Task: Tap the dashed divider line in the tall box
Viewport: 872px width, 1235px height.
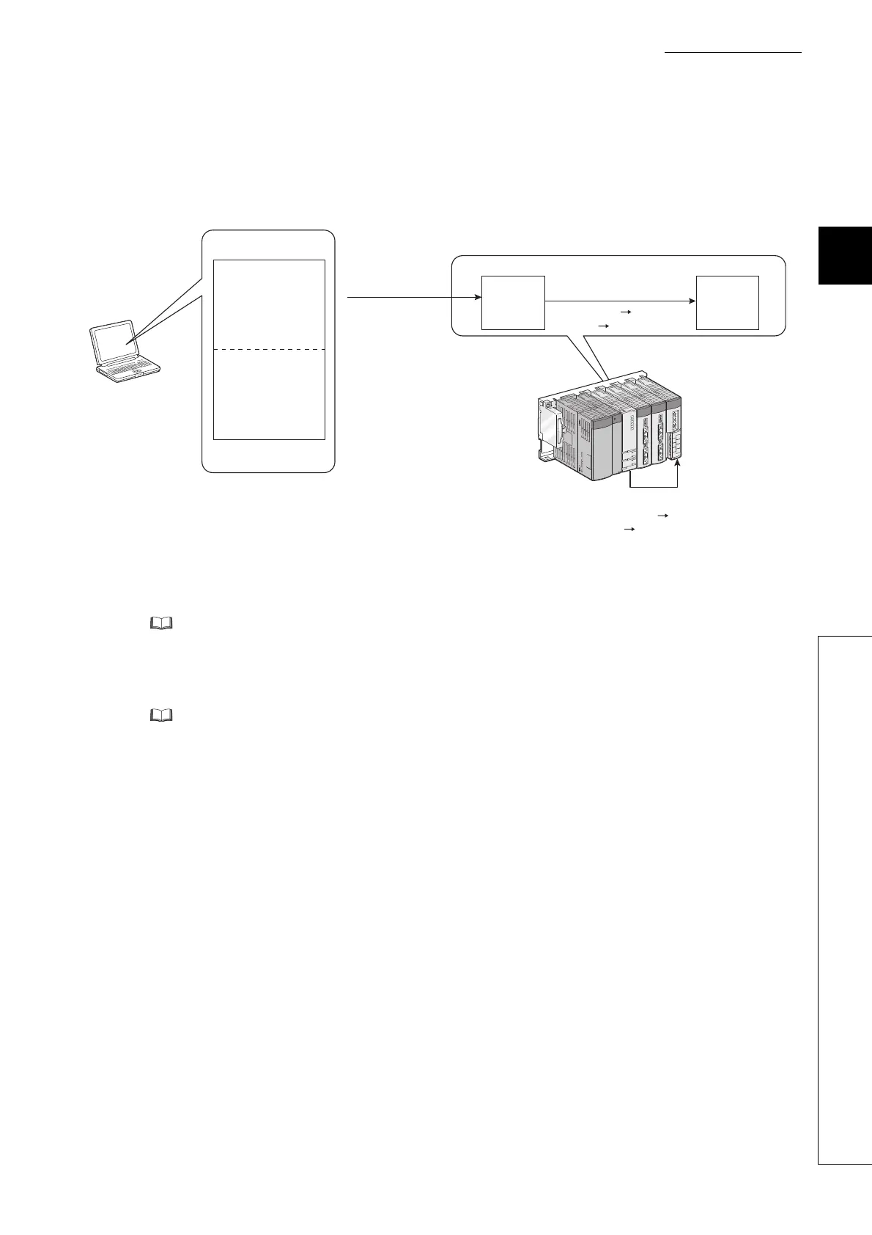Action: click(269, 350)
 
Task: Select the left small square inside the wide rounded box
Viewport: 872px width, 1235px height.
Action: click(513, 302)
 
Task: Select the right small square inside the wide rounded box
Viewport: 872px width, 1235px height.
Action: click(728, 302)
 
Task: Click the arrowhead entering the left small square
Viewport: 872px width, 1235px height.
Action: click(477, 298)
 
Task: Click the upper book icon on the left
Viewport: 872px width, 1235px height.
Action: click(160, 623)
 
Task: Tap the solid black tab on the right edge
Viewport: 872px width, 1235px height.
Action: click(846, 254)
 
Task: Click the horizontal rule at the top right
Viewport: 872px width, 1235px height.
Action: click(734, 52)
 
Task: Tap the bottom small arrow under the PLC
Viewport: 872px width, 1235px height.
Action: click(628, 528)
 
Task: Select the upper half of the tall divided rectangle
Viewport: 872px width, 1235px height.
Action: click(269, 304)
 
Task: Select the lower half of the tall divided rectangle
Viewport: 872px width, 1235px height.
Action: click(269, 395)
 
